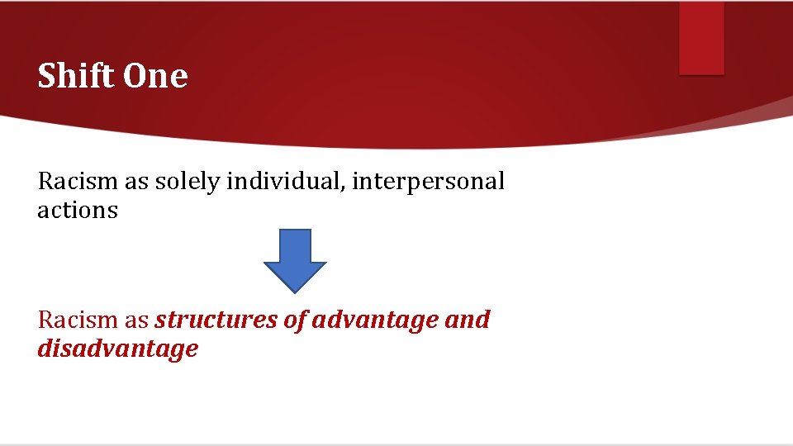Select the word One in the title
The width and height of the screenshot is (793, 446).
coord(155,76)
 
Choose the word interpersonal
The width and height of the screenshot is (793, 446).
coord(428,182)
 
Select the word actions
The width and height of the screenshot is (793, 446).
coord(78,211)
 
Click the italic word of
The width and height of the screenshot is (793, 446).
coord(295,320)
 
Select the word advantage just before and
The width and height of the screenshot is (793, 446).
coord(374,320)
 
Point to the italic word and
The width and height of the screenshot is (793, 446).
coord(467,320)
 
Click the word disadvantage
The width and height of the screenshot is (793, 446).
coord(117,349)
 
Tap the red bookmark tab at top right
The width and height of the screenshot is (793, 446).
coord(701,38)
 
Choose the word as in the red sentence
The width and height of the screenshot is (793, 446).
coord(134,320)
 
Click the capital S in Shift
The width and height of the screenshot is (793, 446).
coord(47,76)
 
